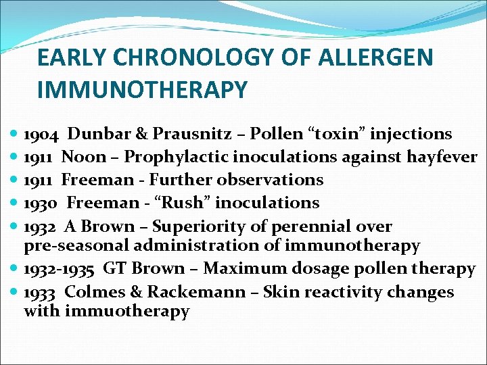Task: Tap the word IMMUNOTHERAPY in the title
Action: (x=142, y=89)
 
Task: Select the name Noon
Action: (x=83, y=157)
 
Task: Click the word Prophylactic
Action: (x=176, y=157)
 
